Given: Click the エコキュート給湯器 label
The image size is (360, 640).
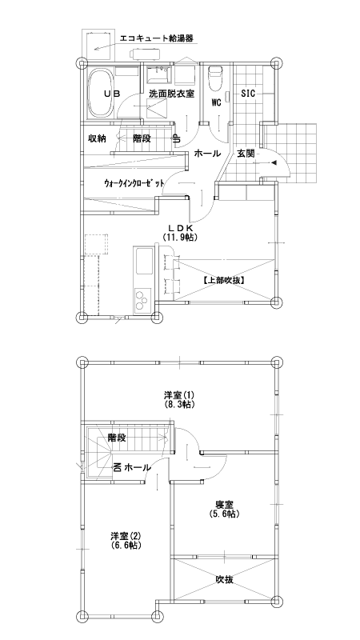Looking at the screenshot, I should (156, 38).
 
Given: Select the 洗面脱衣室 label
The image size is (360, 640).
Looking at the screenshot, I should (171, 94).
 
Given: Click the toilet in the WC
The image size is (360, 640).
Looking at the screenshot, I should (214, 79).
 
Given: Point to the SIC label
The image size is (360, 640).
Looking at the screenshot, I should (248, 94).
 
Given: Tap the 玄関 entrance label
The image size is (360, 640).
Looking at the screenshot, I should (246, 153).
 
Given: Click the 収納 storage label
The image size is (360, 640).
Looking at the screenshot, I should (97, 138).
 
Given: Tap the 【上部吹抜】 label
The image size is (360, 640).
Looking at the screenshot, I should (223, 280).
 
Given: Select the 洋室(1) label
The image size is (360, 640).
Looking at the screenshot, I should (180, 395).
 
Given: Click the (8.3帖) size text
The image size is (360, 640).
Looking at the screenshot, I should (180, 406).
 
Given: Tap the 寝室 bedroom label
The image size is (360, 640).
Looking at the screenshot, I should (224, 503).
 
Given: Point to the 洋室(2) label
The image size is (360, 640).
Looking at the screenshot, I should (126, 534).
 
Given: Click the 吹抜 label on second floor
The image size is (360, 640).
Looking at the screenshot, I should (224, 579).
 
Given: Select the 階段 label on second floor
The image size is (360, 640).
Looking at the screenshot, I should (117, 438).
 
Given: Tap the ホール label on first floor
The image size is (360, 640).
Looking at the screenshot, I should (207, 153).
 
